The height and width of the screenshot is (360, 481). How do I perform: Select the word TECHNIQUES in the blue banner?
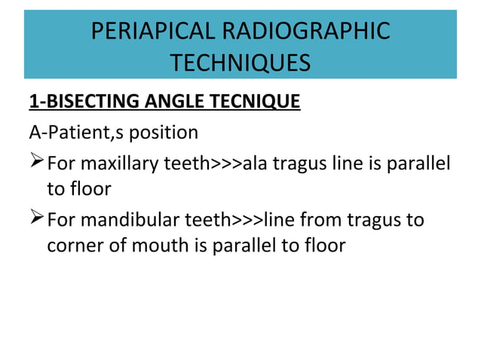tap(240, 63)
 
